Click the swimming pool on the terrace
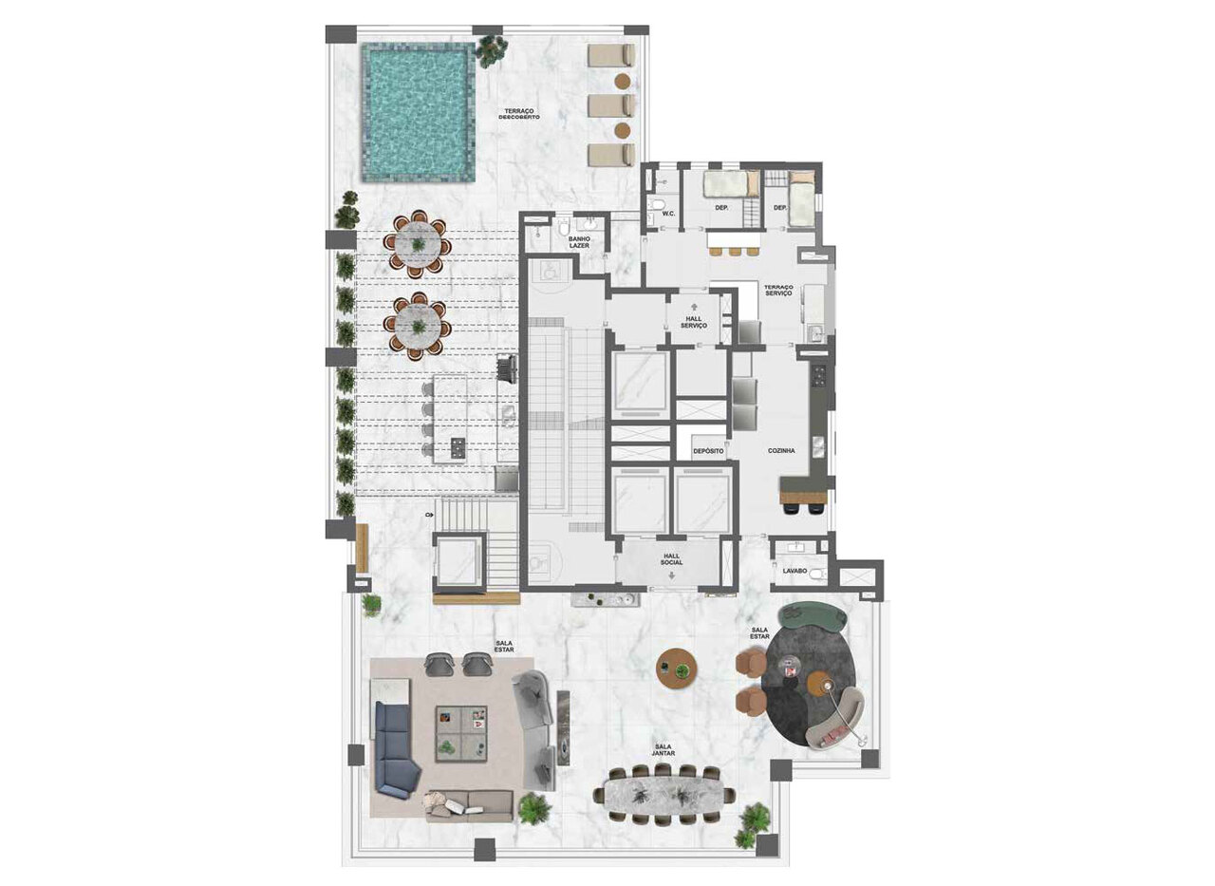418,112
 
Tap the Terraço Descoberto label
521,114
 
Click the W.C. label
667,213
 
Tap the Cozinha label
782,451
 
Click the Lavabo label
794,572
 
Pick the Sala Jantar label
664,748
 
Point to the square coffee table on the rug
461,733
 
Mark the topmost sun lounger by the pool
610,55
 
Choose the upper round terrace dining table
416,245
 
